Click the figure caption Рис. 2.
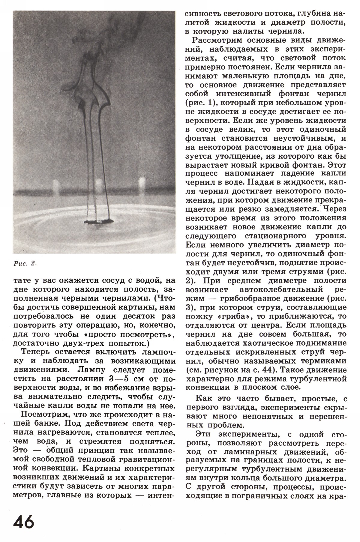25,263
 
